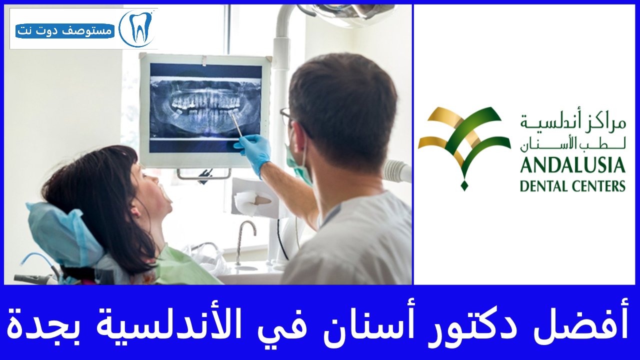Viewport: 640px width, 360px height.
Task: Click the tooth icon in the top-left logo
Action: tap(137, 27)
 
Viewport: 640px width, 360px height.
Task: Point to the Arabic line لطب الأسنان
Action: tap(572, 145)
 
